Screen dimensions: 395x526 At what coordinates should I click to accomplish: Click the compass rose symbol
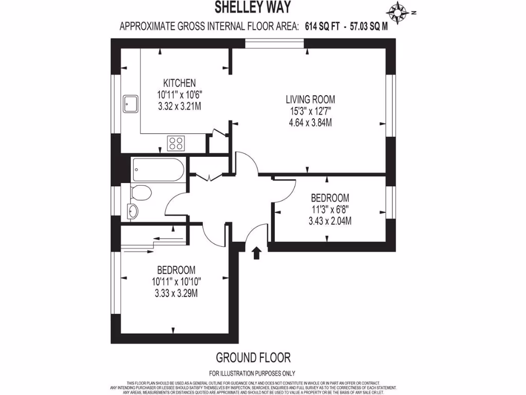[x=399, y=11]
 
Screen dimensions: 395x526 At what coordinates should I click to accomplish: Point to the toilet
[x=140, y=194]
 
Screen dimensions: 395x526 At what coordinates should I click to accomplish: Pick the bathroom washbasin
[x=133, y=210]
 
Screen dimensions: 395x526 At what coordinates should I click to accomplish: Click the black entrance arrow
[x=257, y=252]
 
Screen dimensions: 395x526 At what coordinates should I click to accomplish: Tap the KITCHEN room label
[x=179, y=83]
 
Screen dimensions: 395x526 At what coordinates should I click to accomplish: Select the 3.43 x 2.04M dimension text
[x=330, y=221]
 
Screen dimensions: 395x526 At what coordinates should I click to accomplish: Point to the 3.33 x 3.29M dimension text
[x=176, y=293]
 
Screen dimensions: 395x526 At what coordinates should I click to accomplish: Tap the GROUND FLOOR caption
[x=253, y=357]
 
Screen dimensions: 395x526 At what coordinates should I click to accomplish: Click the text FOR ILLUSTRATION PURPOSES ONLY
[x=252, y=373]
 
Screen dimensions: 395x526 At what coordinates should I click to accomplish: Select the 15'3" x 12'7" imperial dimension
[x=312, y=111]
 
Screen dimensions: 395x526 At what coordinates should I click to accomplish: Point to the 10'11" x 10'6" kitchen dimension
[x=179, y=95]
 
